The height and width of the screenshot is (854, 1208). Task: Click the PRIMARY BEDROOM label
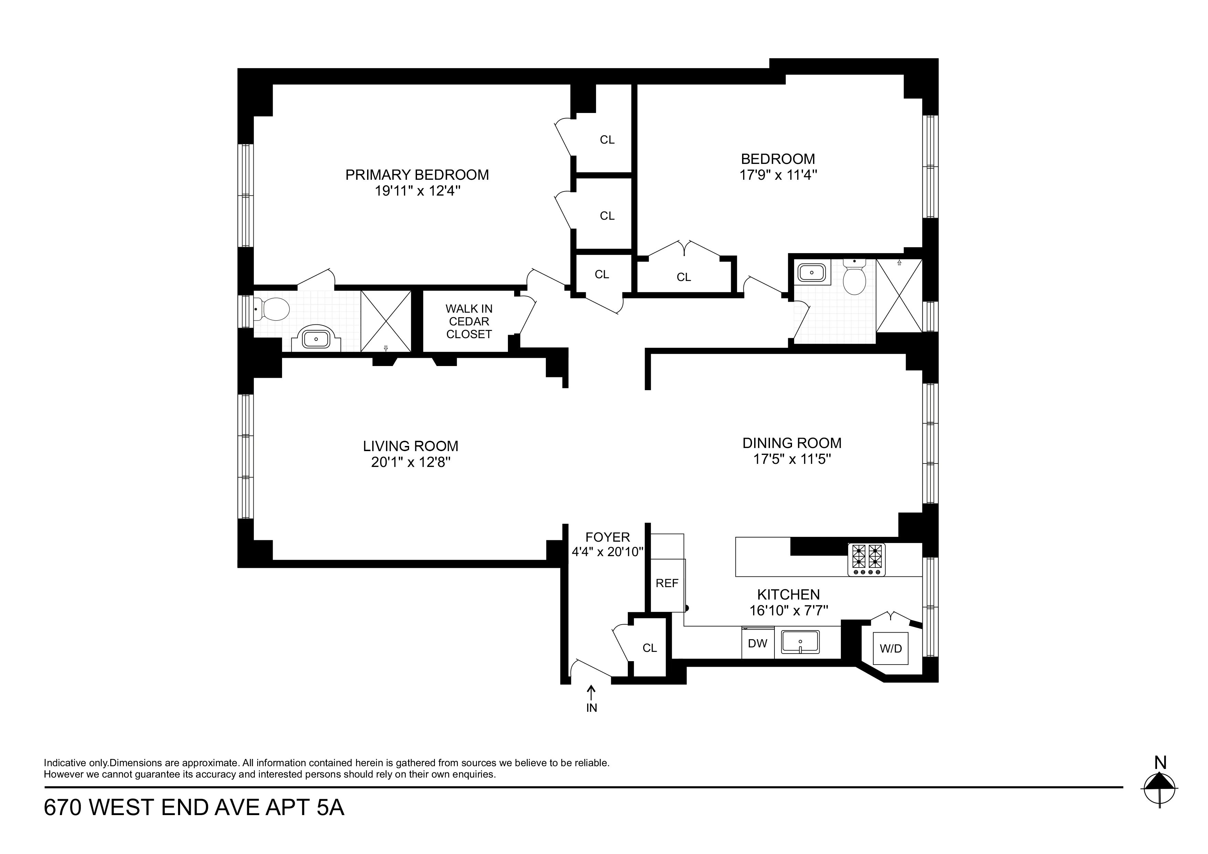coord(417,175)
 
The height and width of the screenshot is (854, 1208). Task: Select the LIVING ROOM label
coord(410,446)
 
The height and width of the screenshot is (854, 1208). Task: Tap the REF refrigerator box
coord(667,583)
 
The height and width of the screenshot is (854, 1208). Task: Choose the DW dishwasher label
coord(757,643)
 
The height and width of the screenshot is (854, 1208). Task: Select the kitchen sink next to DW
coord(800,642)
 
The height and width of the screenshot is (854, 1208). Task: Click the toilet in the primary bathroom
coord(273,309)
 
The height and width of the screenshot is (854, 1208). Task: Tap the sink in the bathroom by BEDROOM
coord(812,273)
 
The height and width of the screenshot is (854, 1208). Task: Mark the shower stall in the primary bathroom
coord(386,321)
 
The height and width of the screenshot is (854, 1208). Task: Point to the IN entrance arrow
coord(591,694)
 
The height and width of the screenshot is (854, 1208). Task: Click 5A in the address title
coord(330,808)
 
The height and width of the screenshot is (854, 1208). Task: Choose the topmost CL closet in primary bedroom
coord(607,140)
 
